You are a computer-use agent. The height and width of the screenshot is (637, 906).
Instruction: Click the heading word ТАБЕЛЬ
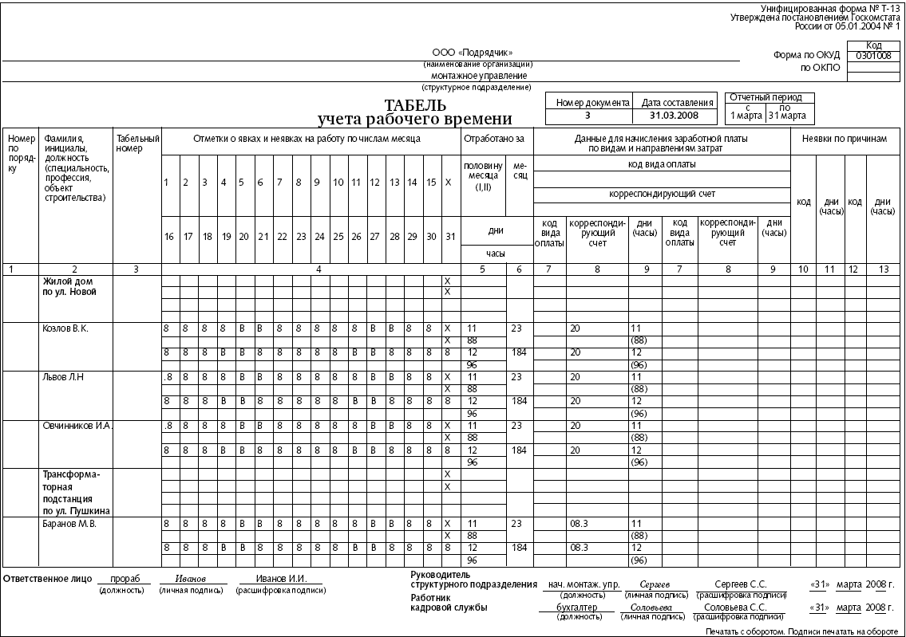tap(414, 106)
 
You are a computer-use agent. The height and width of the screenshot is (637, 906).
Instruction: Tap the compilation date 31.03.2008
tap(677, 115)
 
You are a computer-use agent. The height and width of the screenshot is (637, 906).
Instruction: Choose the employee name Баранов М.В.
tap(69, 524)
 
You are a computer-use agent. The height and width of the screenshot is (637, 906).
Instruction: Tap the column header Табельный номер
tap(137, 144)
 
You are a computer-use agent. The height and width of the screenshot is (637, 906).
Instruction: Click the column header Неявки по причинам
tap(849, 139)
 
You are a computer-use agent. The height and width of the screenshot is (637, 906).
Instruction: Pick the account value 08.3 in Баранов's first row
tap(580, 524)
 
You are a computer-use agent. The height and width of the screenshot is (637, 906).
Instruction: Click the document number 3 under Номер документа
tap(588, 115)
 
